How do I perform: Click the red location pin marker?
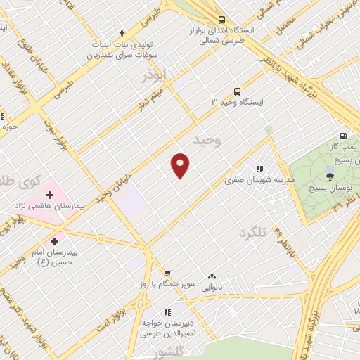tap(181, 165)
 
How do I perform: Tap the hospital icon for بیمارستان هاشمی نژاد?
tap(50, 193)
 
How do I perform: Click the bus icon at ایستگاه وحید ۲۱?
tap(236, 91)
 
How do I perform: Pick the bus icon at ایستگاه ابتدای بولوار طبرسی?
tap(221, 20)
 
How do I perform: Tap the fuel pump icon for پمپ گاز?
tap(342, 136)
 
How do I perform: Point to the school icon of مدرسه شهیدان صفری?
tap(259, 169)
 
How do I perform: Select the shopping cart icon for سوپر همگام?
tap(167, 274)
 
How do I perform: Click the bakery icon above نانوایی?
tap(212, 277)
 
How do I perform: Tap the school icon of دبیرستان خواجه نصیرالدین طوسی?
tap(167, 311)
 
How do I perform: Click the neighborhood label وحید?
tap(207, 141)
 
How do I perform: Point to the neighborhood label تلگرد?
tap(253, 233)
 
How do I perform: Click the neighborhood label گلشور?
tap(169, 351)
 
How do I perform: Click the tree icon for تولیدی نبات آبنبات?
tap(122, 32)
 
